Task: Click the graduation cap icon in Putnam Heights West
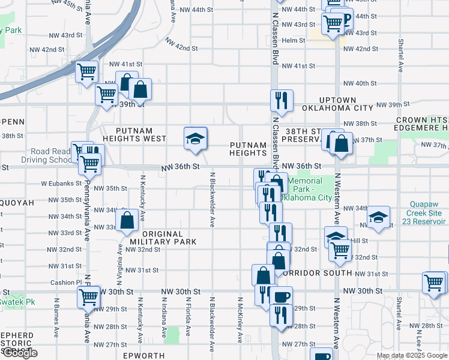pyautogui.click(x=195, y=138)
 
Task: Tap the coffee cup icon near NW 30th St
pyautogui.click(x=282, y=295)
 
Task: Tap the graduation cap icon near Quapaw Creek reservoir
pyautogui.click(x=379, y=218)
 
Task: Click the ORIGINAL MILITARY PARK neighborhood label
pyautogui.click(x=163, y=238)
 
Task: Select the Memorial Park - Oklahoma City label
pyautogui.click(x=310, y=189)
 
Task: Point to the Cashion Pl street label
pyautogui.click(x=66, y=282)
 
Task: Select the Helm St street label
pyautogui.click(x=294, y=41)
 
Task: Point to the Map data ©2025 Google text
pyautogui.click(x=411, y=355)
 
